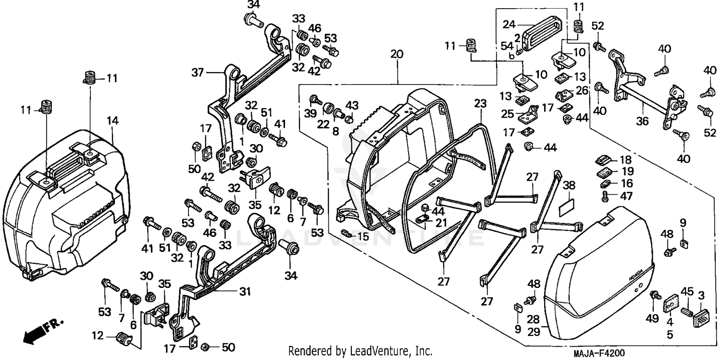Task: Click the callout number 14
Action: (112, 121)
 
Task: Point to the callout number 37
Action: (198, 73)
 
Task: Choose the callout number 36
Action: (642, 122)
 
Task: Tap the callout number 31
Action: (246, 291)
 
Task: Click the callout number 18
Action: (625, 160)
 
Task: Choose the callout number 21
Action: (441, 222)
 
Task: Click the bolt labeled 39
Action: (315, 99)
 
